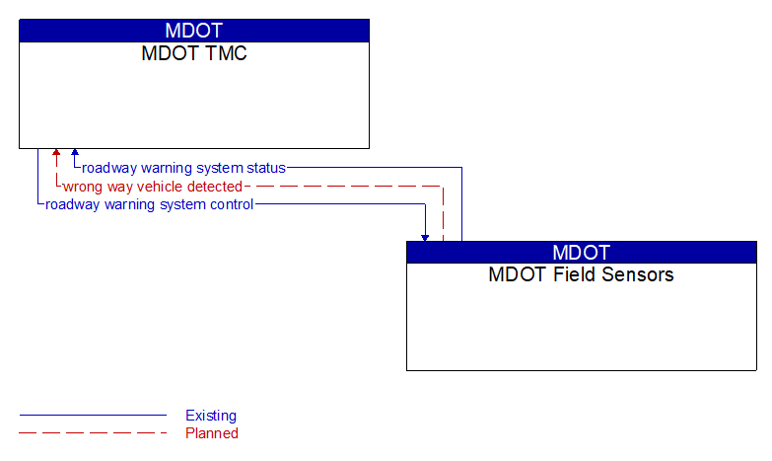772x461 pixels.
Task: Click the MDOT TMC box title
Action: (x=194, y=53)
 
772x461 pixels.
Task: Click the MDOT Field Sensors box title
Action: (x=581, y=274)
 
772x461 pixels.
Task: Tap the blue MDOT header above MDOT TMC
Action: (x=194, y=31)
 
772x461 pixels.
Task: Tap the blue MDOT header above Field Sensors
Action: (x=581, y=252)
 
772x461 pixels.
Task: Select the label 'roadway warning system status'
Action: (x=183, y=168)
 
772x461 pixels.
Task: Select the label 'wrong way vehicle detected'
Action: (x=153, y=187)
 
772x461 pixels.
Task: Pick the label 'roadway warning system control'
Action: (x=150, y=204)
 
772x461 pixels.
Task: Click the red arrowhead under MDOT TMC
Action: (x=56, y=154)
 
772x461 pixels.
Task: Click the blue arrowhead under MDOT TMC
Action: (x=74, y=154)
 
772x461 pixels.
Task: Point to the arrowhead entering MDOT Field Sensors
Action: (x=425, y=237)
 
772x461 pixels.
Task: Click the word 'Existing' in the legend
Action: (x=211, y=416)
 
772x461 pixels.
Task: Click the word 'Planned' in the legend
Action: (x=212, y=433)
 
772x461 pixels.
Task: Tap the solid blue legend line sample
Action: (x=93, y=416)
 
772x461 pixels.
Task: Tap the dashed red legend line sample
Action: (x=93, y=433)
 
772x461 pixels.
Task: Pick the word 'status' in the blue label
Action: (x=265, y=168)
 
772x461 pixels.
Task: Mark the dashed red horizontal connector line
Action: (x=345, y=186)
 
